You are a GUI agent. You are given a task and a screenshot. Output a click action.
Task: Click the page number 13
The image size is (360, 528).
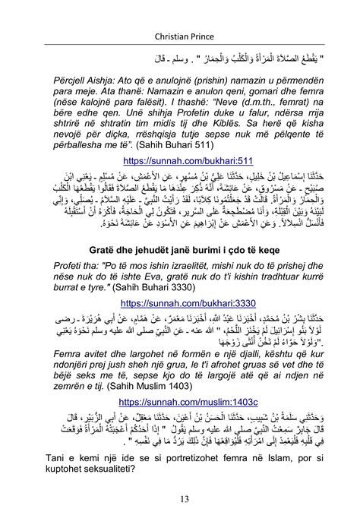pos(180,498)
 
